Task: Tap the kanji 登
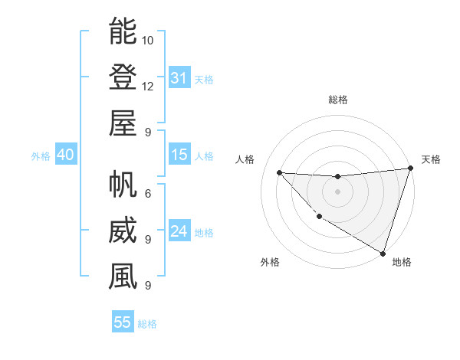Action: click(x=123, y=77)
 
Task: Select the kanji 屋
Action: click(x=123, y=123)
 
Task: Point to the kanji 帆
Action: click(x=123, y=185)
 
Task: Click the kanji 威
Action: click(x=123, y=231)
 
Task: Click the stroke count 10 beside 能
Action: click(x=149, y=40)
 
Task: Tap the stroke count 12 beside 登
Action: click(x=149, y=86)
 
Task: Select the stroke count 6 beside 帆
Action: click(x=147, y=194)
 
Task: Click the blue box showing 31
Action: click(x=179, y=78)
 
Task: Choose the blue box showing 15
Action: click(x=179, y=155)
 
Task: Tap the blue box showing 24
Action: click(x=179, y=231)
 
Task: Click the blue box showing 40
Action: click(x=65, y=155)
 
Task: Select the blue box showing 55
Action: click(x=123, y=322)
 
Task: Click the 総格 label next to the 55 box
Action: click(x=147, y=324)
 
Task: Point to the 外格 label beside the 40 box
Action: click(x=41, y=156)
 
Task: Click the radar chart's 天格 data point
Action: click(x=410, y=169)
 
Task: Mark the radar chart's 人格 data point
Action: click(x=280, y=172)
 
